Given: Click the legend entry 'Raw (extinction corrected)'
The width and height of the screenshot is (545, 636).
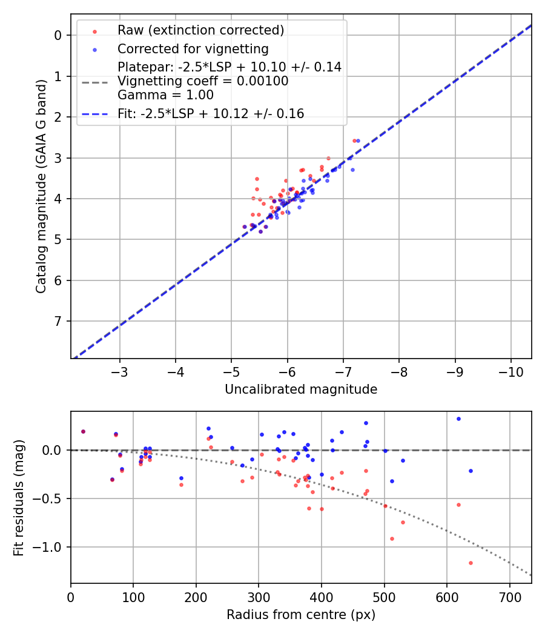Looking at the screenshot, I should coord(200,30).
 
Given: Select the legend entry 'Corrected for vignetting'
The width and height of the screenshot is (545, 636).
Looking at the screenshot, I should coord(193,48).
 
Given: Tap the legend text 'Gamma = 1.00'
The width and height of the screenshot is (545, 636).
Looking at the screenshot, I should coord(165,94).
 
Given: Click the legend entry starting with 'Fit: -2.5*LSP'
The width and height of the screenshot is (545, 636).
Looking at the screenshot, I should coord(211,114).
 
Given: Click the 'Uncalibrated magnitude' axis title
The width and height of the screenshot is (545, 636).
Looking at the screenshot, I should coord(301,389).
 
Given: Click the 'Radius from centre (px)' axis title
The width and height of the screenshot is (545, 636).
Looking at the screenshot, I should coord(301,615).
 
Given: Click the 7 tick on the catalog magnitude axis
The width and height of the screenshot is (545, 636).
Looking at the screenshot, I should coord(58,321).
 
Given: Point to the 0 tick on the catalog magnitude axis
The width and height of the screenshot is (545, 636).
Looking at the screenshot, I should coord(58,35).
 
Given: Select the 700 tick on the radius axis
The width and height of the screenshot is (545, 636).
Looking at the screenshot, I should coord(510,597).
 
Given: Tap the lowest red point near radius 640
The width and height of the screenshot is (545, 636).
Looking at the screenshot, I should coord(471,563).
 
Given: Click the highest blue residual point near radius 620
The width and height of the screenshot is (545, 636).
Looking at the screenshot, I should coord(458,419).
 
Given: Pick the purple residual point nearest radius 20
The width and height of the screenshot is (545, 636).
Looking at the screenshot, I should coord(83,431).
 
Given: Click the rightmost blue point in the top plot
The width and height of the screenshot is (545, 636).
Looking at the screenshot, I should coord(358,141).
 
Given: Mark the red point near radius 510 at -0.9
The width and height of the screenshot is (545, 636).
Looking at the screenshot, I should coord(392,538).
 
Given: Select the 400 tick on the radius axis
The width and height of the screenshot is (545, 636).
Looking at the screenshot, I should coord(322,597).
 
